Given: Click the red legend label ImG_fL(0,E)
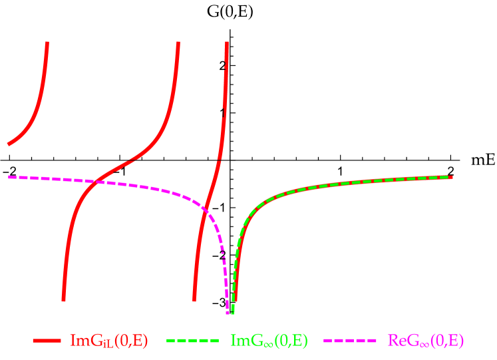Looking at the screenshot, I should click(109, 341).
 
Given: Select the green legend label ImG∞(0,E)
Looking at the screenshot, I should click(269, 341).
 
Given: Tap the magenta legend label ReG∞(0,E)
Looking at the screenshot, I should click(426, 341).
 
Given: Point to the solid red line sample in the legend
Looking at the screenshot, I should click(47, 341).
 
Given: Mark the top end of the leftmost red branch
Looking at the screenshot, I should click(47, 43).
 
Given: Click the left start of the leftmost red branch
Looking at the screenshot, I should click(8, 144).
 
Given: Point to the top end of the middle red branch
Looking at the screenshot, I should click(178, 43).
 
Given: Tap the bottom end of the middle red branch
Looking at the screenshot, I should click(63, 301).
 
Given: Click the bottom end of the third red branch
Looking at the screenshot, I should click(194, 301).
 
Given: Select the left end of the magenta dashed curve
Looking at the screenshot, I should click(9, 177).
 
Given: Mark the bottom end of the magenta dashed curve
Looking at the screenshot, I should click(228, 313).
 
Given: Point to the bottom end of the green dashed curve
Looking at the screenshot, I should click(232, 313).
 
